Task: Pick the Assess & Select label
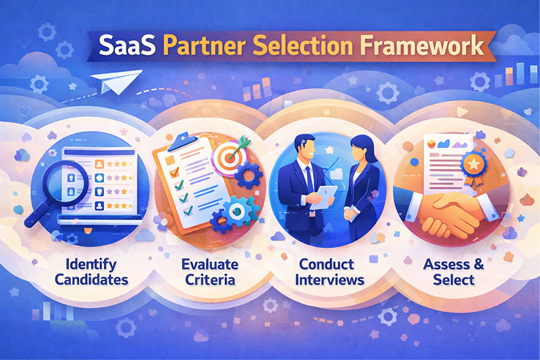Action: [449, 269]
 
